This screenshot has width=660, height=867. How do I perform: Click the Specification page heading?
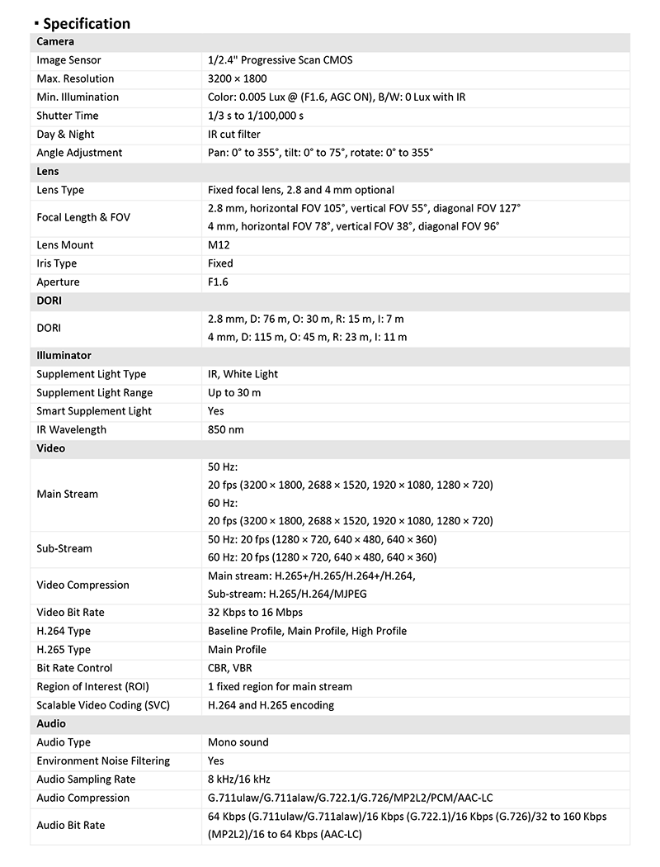86,23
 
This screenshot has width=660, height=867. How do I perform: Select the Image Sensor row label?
68,60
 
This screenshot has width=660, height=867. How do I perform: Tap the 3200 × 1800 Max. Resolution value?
231,78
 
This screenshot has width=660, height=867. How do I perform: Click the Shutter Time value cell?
256,116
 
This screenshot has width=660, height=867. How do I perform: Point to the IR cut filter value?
234,134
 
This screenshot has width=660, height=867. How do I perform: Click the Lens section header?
48,171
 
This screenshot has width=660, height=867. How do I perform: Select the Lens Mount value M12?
219,245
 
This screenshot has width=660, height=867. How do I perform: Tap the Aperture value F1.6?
218,282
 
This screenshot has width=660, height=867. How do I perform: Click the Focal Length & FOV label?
83,217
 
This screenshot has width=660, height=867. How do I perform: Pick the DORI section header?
49,301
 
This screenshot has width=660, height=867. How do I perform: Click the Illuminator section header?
64,356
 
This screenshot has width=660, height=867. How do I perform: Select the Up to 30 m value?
234,393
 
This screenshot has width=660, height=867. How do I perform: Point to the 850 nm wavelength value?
226,429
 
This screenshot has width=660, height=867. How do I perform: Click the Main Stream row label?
67,494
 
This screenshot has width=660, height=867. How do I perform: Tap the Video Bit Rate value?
255,613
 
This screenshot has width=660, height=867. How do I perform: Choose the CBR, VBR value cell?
230,668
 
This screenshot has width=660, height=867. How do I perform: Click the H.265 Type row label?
64,650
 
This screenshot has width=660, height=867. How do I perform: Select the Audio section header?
51,723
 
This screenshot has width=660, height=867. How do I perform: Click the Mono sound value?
238,742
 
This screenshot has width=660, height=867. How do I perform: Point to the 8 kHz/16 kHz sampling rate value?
239,779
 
